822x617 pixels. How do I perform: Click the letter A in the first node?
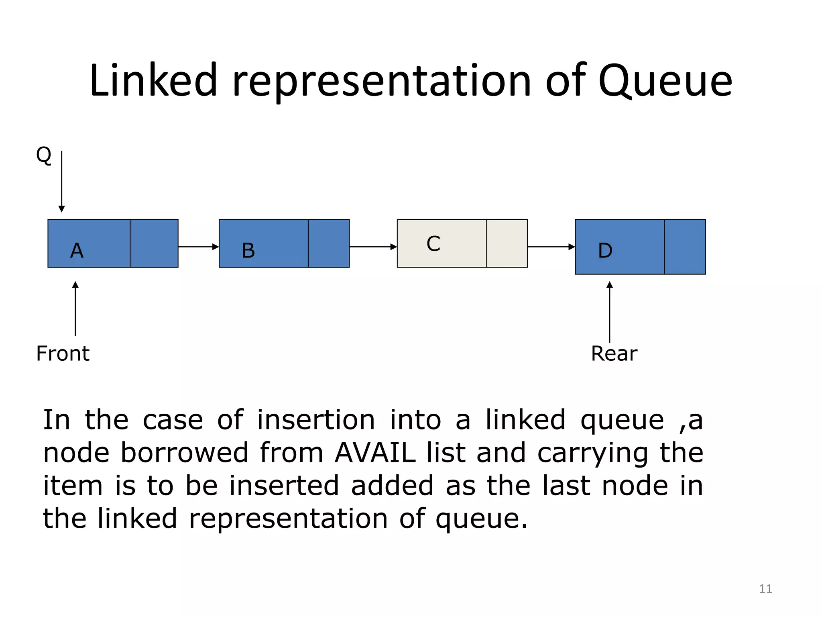pyautogui.click(x=77, y=251)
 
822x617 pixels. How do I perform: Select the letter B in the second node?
pyautogui.click(x=248, y=251)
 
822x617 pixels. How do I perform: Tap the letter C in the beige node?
pyautogui.click(x=433, y=244)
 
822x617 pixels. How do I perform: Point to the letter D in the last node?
pyautogui.click(x=605, y=251)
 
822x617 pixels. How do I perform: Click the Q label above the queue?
pyautogui.click(x=44, y=155)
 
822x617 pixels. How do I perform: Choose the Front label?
pyautogui.click(x=63, y=353)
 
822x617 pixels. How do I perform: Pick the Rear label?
pyautogui.click(x=614, y=353)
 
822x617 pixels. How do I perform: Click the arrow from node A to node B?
pyautogui.click(x=198, y=247)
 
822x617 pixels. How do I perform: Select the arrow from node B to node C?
pyautogui.click(x=373, y=247)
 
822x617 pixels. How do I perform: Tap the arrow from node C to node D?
pyautogui.click(x=551, y=247)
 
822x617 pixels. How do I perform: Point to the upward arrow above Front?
pyautogui.click(x=75, y=308)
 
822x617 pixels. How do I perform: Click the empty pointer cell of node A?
pyautogui.click(x=154, y=243)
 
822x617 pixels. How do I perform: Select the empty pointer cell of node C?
pyautogui.click(x=507, y=243)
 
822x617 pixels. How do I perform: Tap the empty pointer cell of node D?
pyautogui.click(x=685, y=247)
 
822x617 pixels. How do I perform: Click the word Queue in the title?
pyautogui.click(x=665, y=81)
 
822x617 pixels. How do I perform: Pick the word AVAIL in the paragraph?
pyautogui.click(x=375, y=453)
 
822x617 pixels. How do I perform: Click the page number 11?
pyautogui.click(x=765, y=589)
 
